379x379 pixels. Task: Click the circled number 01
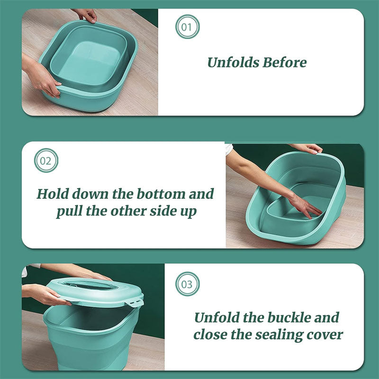[187, 27]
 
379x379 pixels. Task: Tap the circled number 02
[46, 161]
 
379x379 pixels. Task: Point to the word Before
[286, 62]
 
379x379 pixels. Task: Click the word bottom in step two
[162, 194]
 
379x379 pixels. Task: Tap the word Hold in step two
[53, 194]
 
